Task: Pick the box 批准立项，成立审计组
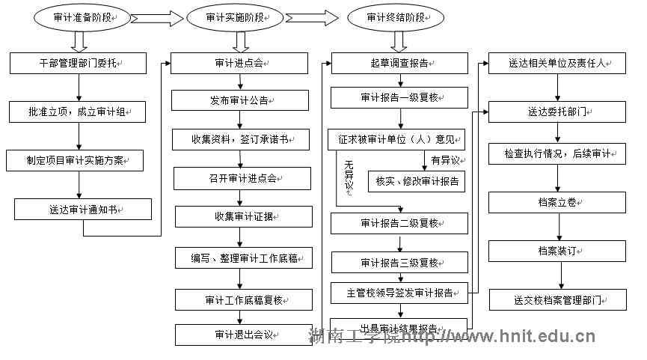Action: click(x=79, y=112)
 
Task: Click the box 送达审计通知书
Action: click(x=83, y=210)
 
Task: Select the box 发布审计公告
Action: click(x=240, y=100)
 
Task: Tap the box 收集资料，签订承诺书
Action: click(x=240, y=139)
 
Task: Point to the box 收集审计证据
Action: click(x=242, y=217)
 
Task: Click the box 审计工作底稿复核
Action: click(x=243, y=300)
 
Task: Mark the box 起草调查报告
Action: click(x=399, y=64)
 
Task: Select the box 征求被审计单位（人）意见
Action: click(x=396, y=139)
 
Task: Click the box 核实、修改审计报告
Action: click(x=416, y=182)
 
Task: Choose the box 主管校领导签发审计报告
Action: click(x=399, y=292)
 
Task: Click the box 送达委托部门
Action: click(x=557, y=113)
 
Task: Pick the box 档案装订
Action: click(x=557, y=251)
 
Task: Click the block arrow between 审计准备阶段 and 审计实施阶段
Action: click(x=158, y=18)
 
